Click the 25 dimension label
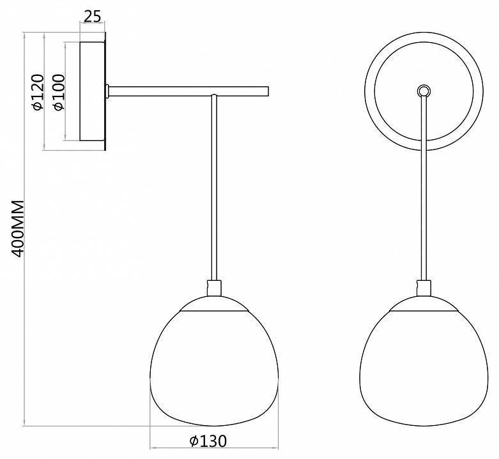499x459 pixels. (92, 16)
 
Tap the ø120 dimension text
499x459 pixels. (38, 92)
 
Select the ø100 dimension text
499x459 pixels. (59, 92)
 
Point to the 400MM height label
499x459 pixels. (17, 229)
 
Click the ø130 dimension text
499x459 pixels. (208, 441)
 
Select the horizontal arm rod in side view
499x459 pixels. (188, 91)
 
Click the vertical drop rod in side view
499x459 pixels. (214, 188)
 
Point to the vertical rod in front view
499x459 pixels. (424, 188)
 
